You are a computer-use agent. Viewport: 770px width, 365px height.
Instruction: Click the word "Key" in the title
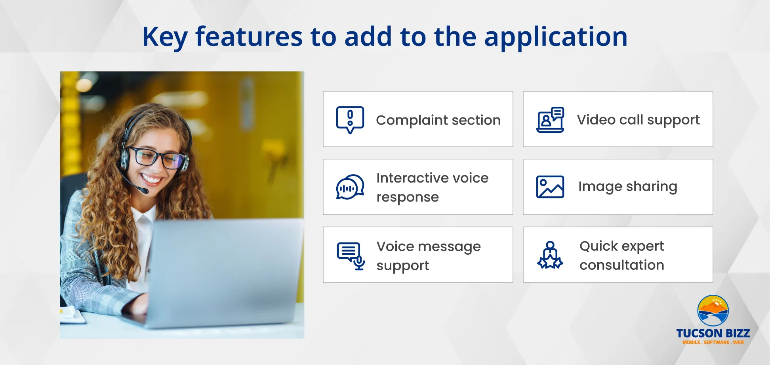click(x=165, y=37)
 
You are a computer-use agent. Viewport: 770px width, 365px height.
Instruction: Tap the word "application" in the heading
click(x=556, y=37)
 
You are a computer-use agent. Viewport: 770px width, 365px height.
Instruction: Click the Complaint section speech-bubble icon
click(x=350, y=120)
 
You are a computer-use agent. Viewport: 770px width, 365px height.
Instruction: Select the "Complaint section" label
click(x=438, y=120)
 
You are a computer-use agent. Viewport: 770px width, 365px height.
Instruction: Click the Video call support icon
click(x=550, y=119)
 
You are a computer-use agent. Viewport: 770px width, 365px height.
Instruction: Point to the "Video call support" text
click(x=638, y=120)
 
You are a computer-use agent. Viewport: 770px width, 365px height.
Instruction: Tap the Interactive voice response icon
click(x=350, y=187)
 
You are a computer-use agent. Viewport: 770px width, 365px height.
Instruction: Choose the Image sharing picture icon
click(x=550, y=187)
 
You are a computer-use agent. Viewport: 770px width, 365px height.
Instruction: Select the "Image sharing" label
click(x=628, y=186)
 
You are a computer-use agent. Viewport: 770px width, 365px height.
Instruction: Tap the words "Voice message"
click(x=429, y=246)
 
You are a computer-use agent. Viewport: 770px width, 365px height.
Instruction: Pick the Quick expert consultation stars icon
click(x=550, y=255)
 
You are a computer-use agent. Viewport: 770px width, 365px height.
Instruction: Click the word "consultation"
click(x=622, y=265)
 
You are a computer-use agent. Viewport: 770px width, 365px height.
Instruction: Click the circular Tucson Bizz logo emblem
click(x=713, y=311)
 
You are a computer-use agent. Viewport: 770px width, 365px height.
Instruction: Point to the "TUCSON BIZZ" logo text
click(x=713, y=333)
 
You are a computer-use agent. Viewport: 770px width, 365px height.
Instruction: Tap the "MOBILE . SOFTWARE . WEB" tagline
click(x=713, y=342)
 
